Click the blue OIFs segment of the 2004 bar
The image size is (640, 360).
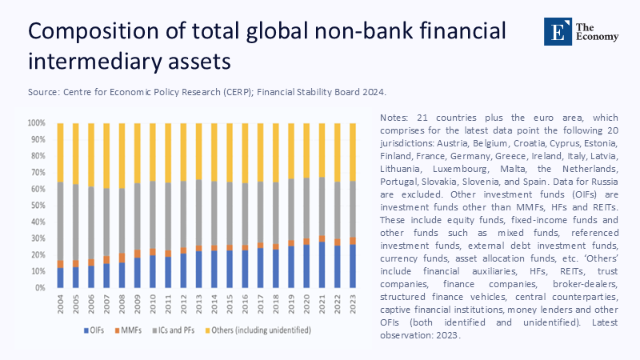click(x=60, y=278)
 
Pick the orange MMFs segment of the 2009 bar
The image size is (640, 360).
click(x=137, y=254)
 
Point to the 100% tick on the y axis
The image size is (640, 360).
click(x=38, y=123)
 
